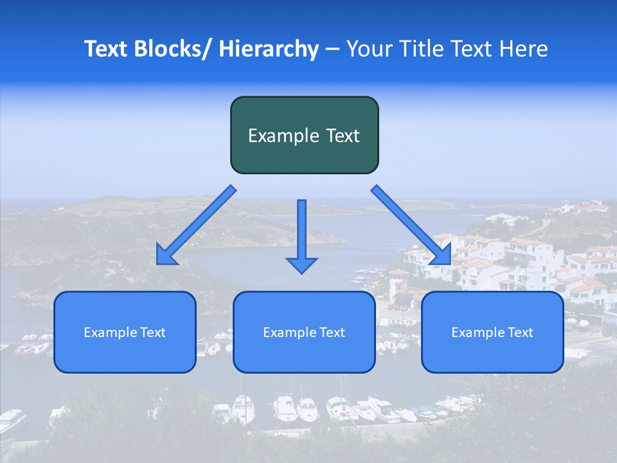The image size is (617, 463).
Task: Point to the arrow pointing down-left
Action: (x=196, y=225)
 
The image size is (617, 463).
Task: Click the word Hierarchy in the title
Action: (x=269, y=49)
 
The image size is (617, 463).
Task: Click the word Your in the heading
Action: (x=368, y=49)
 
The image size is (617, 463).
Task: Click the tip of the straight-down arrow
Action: (x=302, y=273)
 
